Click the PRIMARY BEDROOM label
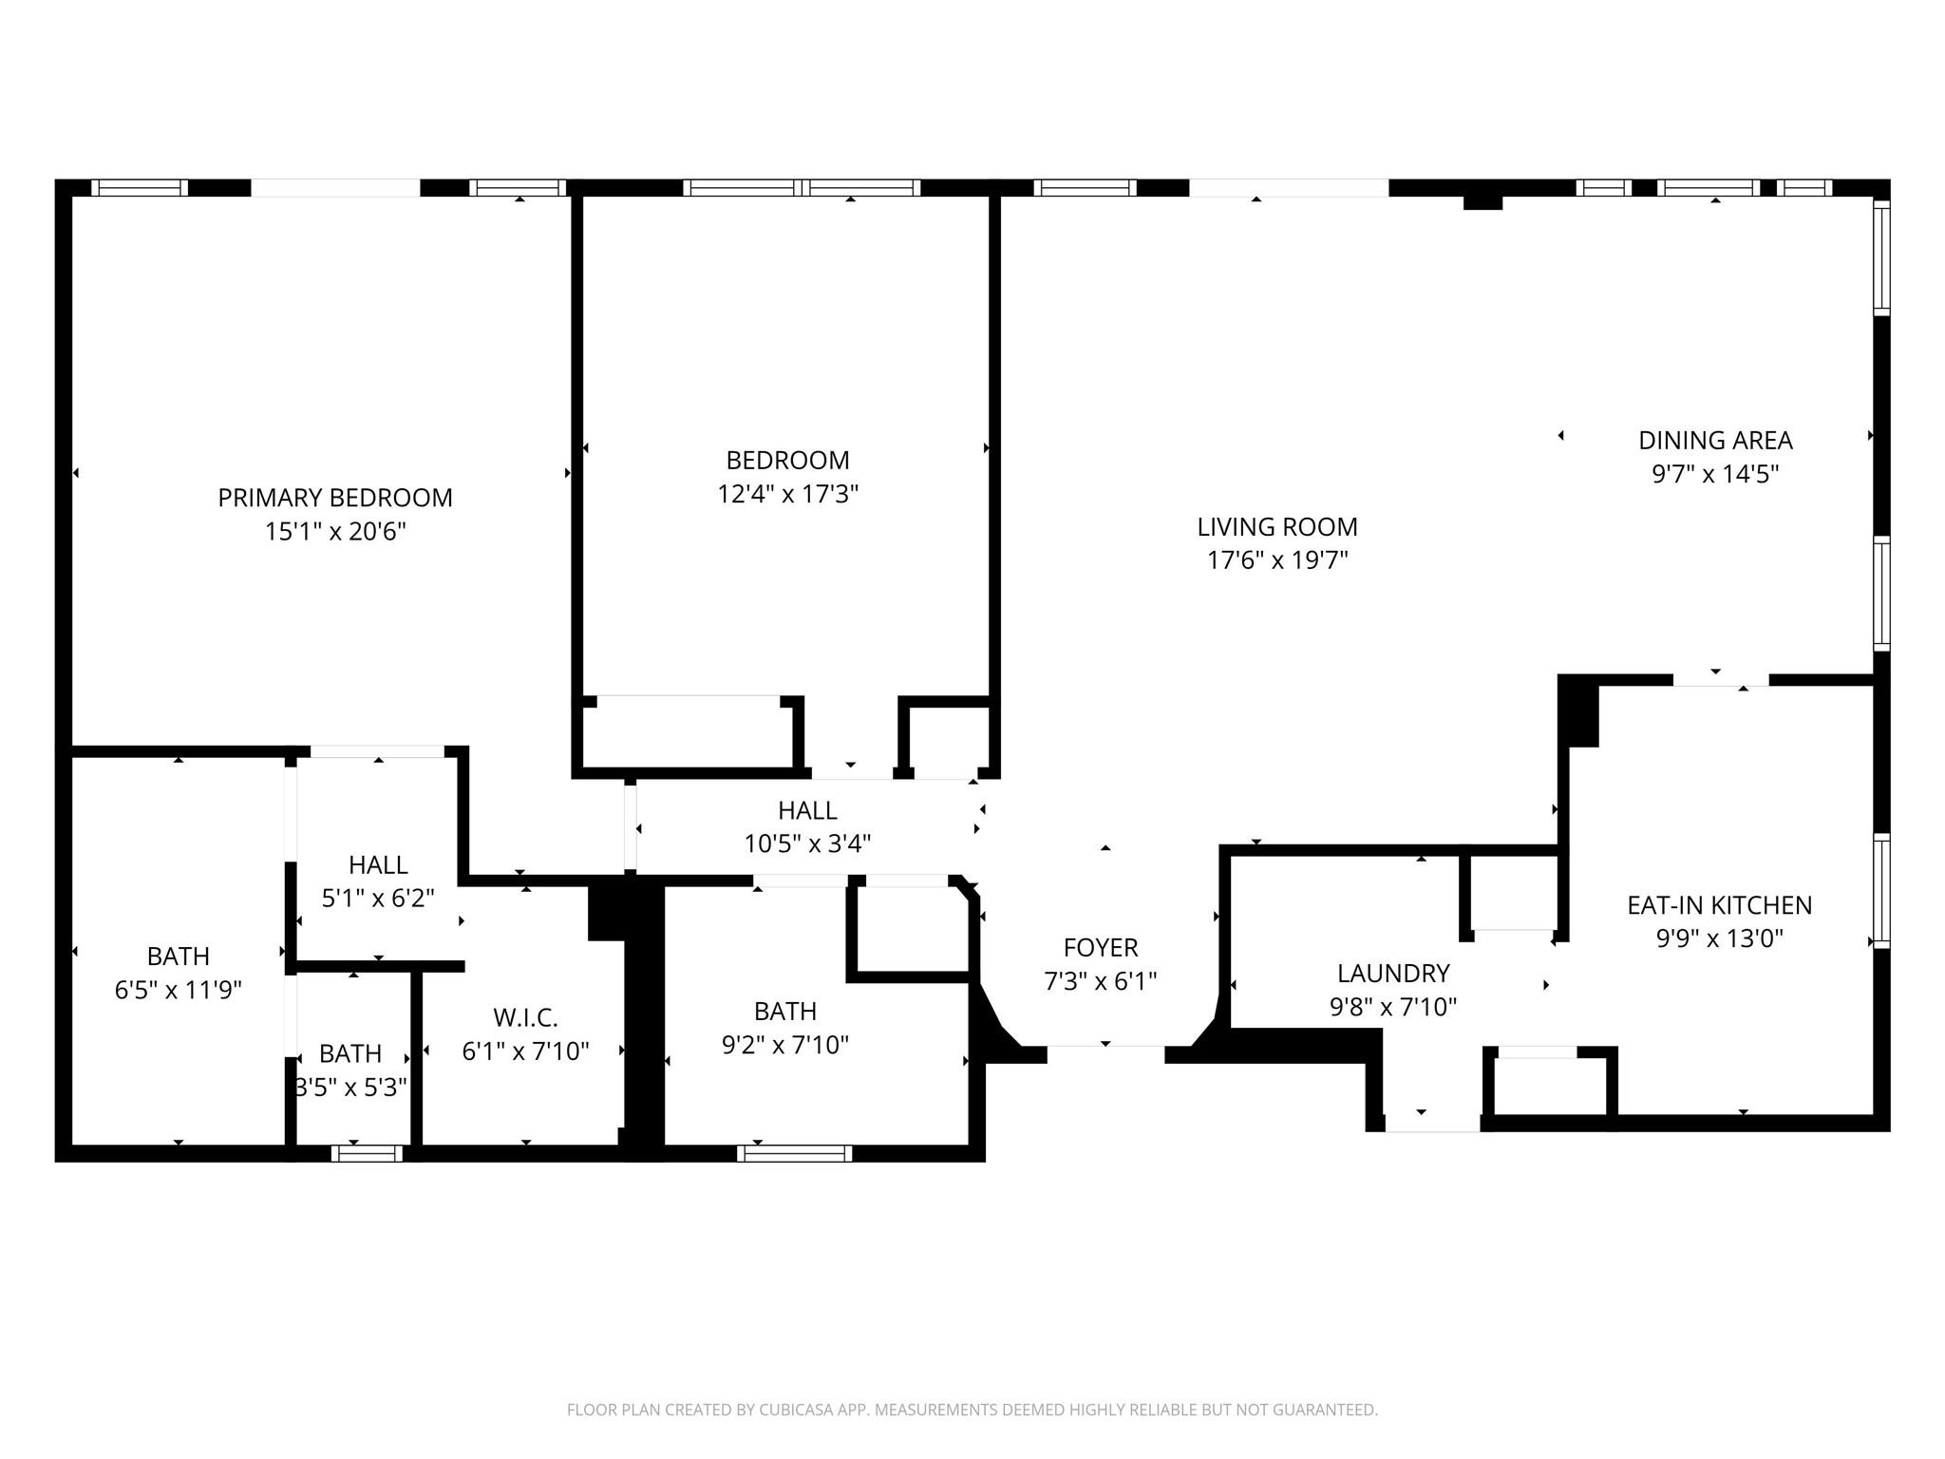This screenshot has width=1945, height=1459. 334,498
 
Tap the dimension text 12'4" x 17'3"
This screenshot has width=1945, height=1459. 787,494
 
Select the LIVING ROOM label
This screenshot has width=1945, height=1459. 1276,526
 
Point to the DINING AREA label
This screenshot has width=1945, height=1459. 1714,441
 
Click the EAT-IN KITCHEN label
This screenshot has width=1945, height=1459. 1719,905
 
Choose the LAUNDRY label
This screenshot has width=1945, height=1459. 1392,974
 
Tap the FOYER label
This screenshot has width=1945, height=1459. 1100,947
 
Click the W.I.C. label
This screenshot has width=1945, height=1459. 524,1018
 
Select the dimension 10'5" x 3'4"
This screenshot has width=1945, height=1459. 807,843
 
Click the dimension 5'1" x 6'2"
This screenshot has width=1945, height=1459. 378,898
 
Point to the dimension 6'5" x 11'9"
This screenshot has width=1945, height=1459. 179,990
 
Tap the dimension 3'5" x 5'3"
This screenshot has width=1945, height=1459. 351,1088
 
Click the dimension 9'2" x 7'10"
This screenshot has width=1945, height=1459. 784,1045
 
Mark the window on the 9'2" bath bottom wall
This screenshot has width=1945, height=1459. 794,1153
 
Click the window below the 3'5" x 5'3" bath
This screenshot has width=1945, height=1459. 367,1153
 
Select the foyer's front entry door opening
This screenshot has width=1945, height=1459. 1105,1053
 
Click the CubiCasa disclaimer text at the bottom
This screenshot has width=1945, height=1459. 972,1410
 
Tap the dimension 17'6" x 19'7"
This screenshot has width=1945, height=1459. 1276,560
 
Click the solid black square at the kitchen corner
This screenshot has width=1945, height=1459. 1577,711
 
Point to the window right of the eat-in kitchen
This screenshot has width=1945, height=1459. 1880,890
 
